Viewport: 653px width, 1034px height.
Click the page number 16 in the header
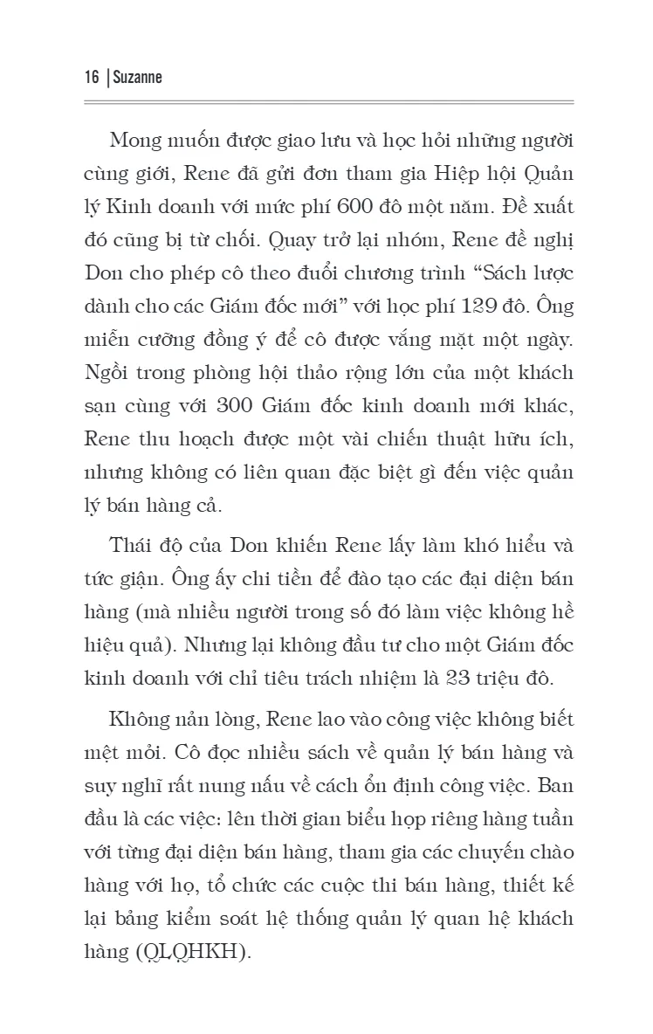click(91, 78)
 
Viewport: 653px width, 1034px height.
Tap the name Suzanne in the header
click(138, 78)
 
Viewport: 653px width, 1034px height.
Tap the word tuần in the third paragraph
click(553, 819)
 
